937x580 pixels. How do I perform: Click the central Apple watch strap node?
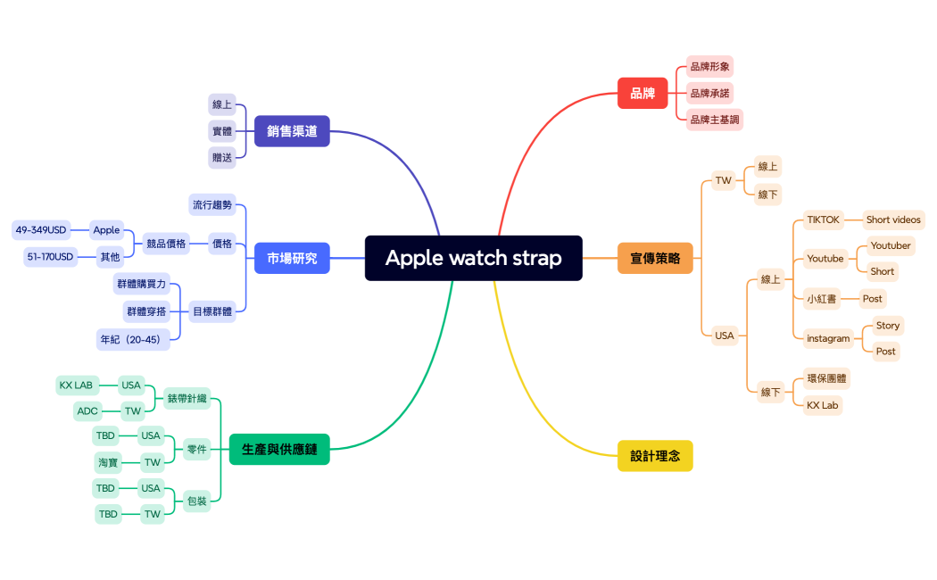click(473, 258)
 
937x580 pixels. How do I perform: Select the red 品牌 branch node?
click(643, 93)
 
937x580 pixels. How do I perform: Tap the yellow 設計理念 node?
click(655, 455)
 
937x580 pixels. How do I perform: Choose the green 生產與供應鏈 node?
click(279, 450)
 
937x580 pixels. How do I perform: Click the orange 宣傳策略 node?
click(655, 258)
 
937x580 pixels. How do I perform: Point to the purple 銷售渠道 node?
click(292, 131)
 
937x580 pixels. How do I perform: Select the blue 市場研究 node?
click(292, 258)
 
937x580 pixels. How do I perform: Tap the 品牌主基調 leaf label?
click(715, 119)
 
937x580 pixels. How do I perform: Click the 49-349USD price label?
click(41, 230)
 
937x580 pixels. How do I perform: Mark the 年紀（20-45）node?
click(133, 339)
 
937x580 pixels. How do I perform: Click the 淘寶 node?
click(108, 462)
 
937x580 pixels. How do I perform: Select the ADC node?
click(87, 411)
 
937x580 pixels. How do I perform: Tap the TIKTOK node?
click(823, 220)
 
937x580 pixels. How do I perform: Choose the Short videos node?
click(893, 220)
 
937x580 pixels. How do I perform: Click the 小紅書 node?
click(822, 299)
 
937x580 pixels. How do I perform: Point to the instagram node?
click(828, 338)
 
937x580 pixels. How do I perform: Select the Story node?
click(887, 326)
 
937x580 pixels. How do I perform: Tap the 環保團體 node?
click(827, 378)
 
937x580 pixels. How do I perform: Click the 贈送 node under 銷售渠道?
click(222, 157)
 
